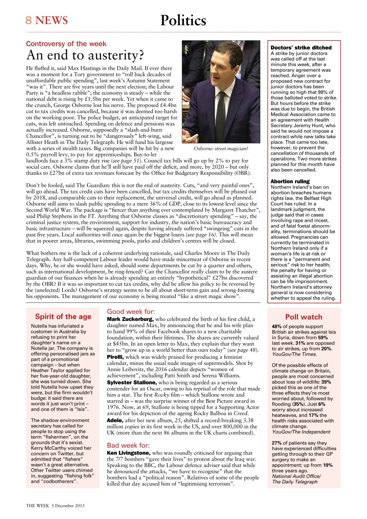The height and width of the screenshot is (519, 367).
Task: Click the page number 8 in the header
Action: point(29,20)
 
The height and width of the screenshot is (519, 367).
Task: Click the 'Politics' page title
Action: point(183,20)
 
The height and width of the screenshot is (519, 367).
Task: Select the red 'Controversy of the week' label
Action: point(66,44)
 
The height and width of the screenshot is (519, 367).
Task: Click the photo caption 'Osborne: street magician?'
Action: point(221,149)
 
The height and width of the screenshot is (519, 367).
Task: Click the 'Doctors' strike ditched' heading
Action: point(301,47)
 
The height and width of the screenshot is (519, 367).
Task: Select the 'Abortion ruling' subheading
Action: point(290,181)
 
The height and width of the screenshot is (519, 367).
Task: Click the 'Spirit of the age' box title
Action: point(63,317)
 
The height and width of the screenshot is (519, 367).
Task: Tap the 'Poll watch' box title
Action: point(304,317)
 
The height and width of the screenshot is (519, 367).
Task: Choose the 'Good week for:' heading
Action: point(131,312)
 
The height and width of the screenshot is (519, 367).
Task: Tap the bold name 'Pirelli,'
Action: point(115,357)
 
